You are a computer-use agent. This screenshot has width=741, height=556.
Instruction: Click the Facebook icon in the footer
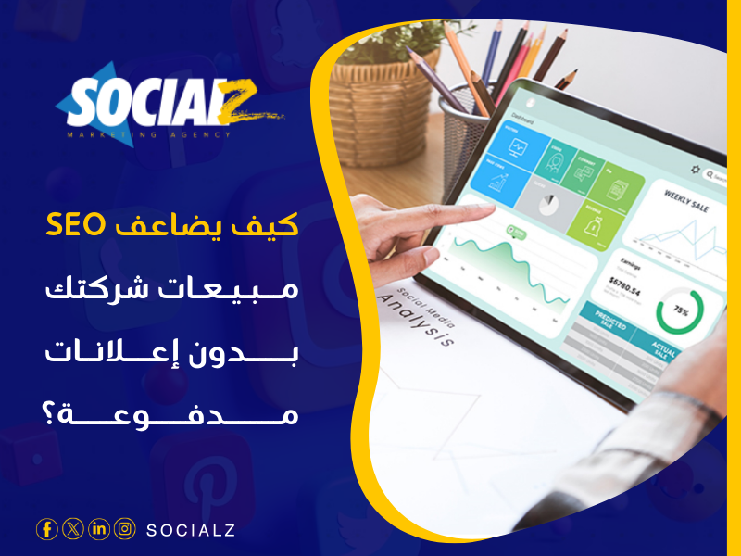[46, 529]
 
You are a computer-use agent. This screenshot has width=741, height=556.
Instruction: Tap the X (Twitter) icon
[72, 529]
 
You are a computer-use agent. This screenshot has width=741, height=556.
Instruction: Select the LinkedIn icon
[98, 529]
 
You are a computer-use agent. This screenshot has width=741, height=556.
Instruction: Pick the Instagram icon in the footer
[124, 529]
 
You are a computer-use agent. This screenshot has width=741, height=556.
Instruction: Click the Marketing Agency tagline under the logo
[148, 135]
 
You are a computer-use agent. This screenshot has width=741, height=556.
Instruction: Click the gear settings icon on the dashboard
[696, 170]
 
